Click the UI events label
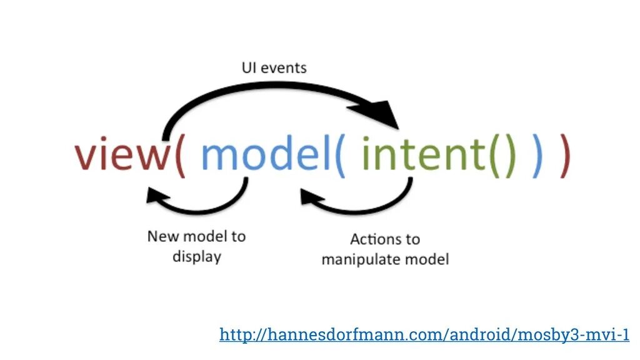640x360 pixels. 274,67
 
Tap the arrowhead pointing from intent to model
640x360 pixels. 309,197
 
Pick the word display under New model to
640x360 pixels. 197,257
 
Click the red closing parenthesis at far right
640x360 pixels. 565,155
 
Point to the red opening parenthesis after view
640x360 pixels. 179,155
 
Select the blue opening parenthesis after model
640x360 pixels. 340,155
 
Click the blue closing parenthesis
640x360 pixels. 537,155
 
